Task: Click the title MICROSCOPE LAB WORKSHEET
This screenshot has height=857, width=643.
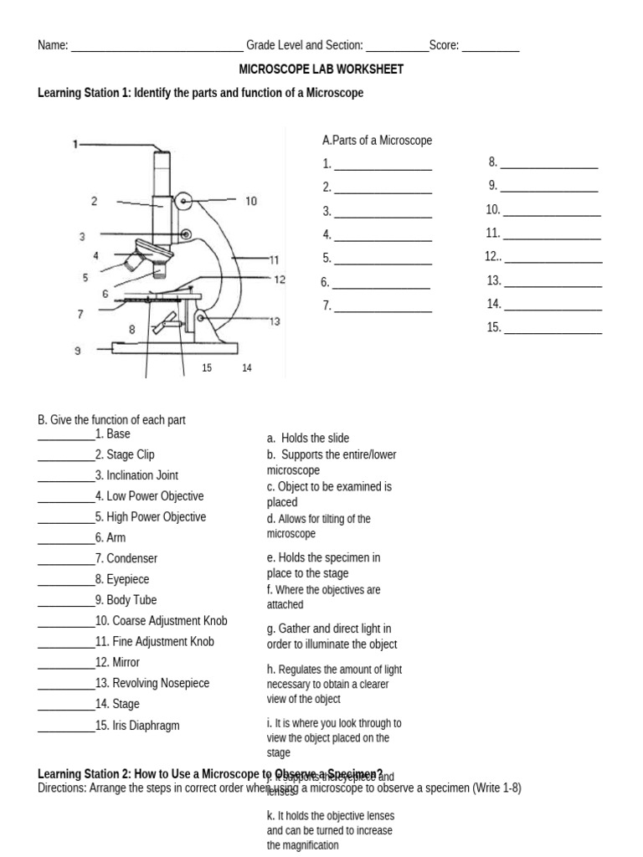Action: [x=321, y=69]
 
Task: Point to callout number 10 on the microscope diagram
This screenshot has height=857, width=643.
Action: [x=251, y=201]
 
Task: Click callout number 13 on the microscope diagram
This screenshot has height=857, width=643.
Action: [x=275, y=321]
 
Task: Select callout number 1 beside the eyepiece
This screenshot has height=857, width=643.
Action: [x=75, y=144]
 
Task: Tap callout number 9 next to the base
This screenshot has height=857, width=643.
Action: [x=78, y=352]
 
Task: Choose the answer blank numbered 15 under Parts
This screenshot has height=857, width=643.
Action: [x=553, y=330]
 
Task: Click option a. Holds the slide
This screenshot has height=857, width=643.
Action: [x=308, y=438]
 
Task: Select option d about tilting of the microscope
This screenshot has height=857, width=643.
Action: [x=319, y=526]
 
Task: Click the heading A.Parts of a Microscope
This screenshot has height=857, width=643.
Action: [x=377, y=141]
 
